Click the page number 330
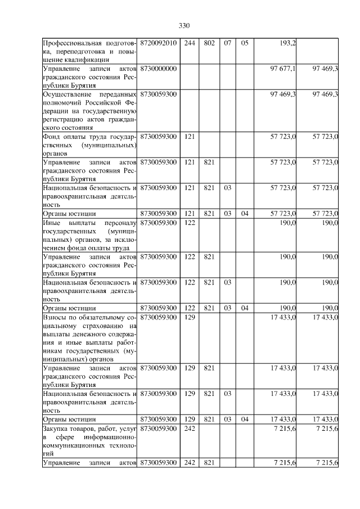(x=184, y=25)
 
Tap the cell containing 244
(x=190, y=43)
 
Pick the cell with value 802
(x=209, y=43)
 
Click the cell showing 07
(x=227, y=43)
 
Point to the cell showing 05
(x=244, y=43)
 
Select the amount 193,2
(x=289, y=43)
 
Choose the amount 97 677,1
(x=283, y=68)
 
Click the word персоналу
(x=119, y=223)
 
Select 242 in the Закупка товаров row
(x=190, y=429)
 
